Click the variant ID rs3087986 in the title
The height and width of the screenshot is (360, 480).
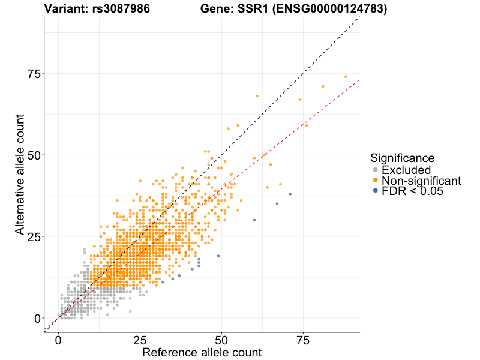click(x=122, y=9)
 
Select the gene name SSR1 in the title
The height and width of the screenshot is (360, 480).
click(x=250, y=9)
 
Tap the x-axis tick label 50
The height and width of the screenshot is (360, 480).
click(x=221, y=340)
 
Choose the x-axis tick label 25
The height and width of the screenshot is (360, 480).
click(x=140, y=340)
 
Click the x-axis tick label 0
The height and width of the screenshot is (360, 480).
click(x=58, y=340)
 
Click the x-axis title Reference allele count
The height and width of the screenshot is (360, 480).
click(x=202, y=352)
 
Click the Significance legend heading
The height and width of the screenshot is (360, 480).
click(x=402, y=158)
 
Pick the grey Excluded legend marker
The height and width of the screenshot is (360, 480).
click(x=376, y=170)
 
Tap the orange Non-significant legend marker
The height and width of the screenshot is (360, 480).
click(x=376, y=180)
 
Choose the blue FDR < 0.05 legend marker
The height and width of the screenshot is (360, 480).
click(x=376, y=190)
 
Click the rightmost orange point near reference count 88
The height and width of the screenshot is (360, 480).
click(x=346, y=76)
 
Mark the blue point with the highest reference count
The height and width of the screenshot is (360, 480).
click(x=290, y=194)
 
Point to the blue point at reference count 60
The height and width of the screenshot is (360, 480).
click(x=254, y=220)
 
